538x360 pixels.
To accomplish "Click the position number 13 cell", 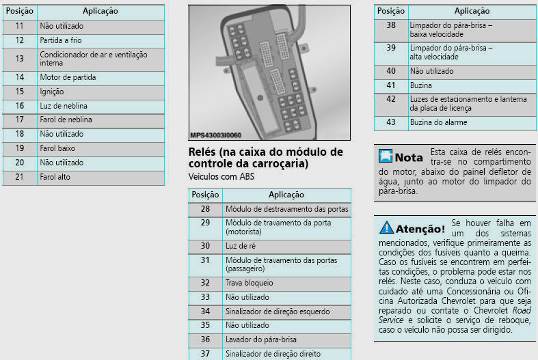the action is pyautogui.click(x=20, y=59).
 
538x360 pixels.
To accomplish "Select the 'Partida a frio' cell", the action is pyautogui.click(x=61, y=40).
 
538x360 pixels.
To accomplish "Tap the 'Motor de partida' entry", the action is pyautogui.click(x=68, y=77).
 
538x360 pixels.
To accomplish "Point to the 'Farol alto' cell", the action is pyautogui.click(x=55, y=177).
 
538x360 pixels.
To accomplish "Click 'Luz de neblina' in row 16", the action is pyautogui.click(x=64, y=106).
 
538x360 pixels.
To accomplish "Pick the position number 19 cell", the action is pyautogui.click(x=20, y=148).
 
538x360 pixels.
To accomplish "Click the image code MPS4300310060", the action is pyautogui.click(x=216, y=135).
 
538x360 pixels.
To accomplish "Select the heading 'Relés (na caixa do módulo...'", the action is pyautogui.click(x=266, y=157).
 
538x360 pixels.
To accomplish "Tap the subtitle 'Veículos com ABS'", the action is pyautogui.click(x=221, y=176).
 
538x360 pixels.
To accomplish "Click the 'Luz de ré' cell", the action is pyautogui.click(x=241, y=246).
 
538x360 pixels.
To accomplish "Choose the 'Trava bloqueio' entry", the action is pyautogui.click(x=249, y=283).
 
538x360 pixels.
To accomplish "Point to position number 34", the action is pyautogui.click(x=205, y=311).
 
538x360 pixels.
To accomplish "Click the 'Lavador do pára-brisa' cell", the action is pyautogui.click(x=260, y=340).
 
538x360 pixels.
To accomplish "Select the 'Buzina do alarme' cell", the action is pyautogui.click(x=438, y=122).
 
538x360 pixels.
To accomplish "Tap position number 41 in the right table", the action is pyautogui.click(x=391, y=85).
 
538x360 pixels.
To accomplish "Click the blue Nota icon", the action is pyautogui.click(x=386, y=156).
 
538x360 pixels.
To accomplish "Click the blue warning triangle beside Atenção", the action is pyautogui.click(x=386, y=227).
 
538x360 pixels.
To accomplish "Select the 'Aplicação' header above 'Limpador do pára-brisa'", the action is pyautogui.click(x=472, y=11).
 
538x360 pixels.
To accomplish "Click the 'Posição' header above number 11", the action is pyautogui.click(x=20, y=11).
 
